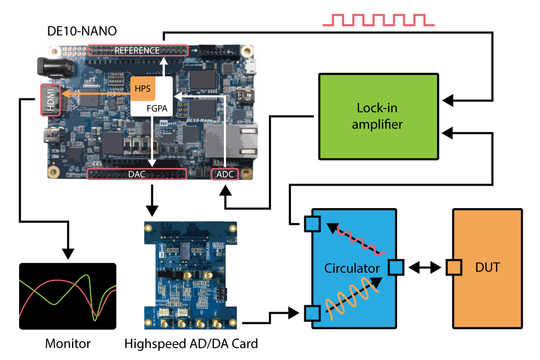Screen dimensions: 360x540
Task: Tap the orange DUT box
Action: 487,268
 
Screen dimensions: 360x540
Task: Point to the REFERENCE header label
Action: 137,50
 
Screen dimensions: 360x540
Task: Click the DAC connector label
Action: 136,174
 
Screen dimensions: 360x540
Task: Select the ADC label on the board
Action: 224,174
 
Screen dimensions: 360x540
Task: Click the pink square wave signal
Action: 377,20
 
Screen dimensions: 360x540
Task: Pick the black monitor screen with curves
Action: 67,296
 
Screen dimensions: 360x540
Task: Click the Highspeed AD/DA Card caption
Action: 191,343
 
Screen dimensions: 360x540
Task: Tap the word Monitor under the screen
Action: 67,343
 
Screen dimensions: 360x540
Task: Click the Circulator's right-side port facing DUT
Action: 396,268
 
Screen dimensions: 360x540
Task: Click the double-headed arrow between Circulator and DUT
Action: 425,268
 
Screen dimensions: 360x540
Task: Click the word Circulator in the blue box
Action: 352,268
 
